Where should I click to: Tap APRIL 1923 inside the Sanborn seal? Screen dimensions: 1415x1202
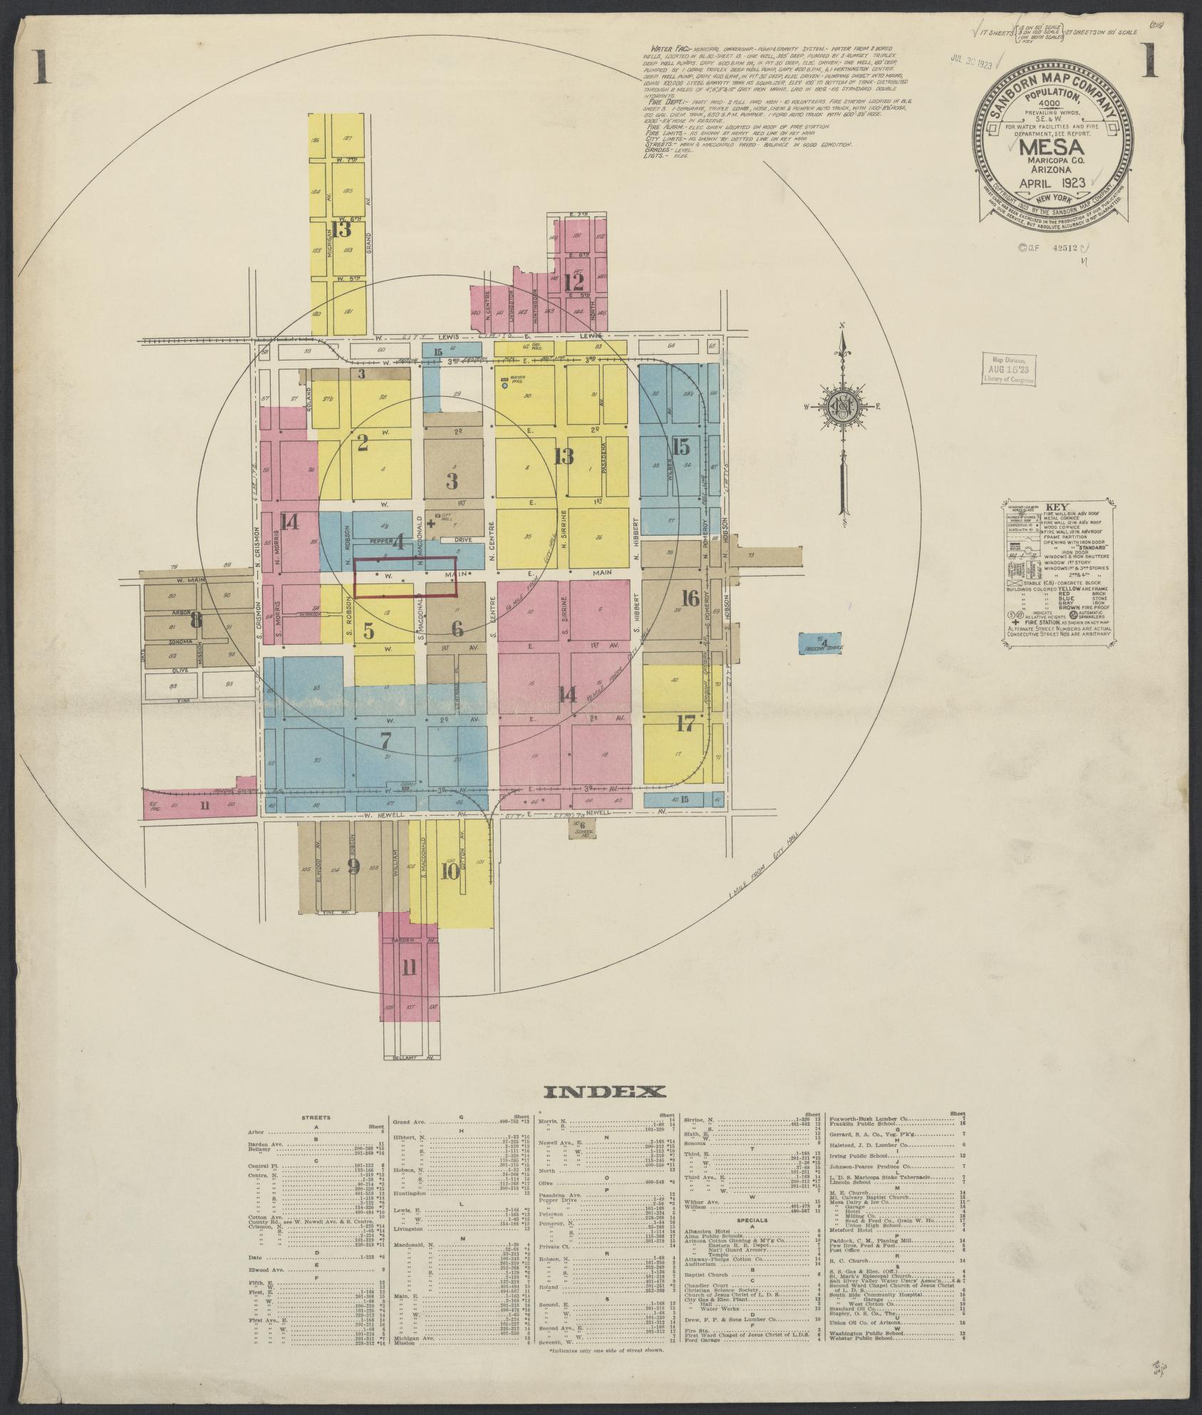coord(1045,182)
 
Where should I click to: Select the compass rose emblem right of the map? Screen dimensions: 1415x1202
coord(844,410)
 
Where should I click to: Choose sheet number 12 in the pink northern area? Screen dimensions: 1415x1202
coord(574,283)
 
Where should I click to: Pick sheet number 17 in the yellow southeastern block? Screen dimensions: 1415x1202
coord(685,725)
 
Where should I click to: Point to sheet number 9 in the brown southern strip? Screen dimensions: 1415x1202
coord(353,866)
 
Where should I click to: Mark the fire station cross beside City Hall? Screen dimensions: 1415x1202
coord(430,523)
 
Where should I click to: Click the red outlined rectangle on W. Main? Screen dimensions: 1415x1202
coord(405,577)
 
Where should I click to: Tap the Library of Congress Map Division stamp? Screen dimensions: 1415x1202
coord(1010,368)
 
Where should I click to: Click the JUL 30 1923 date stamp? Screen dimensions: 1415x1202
coord(972,62)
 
